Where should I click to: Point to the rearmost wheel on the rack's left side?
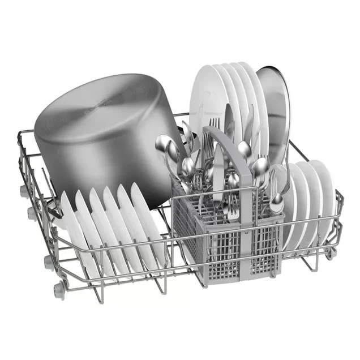24,191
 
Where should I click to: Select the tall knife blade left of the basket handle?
218,170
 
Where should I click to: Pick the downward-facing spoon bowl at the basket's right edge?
277,203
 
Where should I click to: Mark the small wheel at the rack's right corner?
329,254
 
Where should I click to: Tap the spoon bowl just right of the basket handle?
245,150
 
